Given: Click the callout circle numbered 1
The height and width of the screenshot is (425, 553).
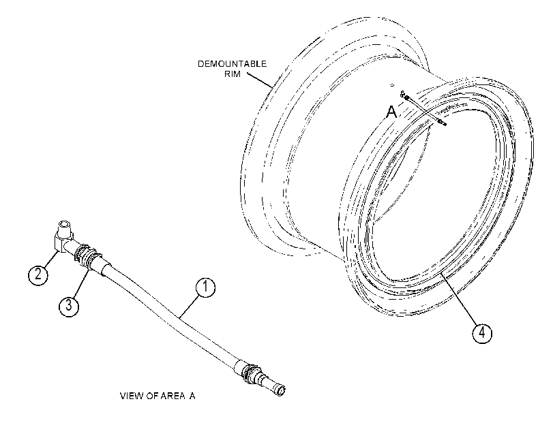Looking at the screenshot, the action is click(205, 287).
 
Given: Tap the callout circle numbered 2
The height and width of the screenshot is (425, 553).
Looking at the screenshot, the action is click(38, 274).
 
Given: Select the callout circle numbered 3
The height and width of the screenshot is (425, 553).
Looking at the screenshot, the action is click(68, 306).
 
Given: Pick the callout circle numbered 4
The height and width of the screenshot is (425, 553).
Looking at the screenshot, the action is click(482, 332).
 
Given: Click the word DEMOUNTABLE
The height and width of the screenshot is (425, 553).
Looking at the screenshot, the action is click(232, 64).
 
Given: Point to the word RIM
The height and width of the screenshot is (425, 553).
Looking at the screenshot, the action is click(233, 74).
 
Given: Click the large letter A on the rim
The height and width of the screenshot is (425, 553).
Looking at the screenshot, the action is click(392, 112).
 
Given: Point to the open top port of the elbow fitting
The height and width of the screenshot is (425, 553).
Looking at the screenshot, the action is click(64, 224).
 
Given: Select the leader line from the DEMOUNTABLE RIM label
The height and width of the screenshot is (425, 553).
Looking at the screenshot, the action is click(260, 80).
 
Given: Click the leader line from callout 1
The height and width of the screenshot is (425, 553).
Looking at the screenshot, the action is click(189, 306).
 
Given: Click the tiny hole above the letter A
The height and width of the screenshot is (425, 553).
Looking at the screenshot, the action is click(391, 84).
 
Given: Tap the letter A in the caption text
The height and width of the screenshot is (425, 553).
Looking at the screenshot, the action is click(192, 396).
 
